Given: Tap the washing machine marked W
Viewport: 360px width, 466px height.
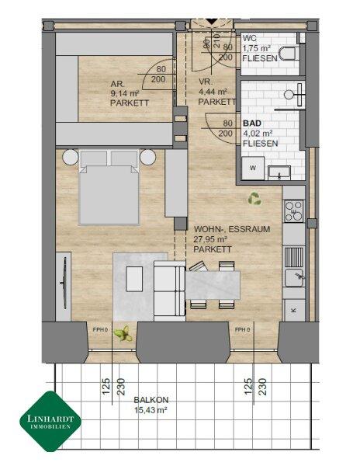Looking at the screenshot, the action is pyautogui.click(x=253, y=169).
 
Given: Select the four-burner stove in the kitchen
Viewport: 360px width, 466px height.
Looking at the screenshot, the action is pyautogui.click(x=294, y=211).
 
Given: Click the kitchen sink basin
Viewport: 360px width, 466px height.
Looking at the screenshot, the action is pyautogui.click(x=294, y=277).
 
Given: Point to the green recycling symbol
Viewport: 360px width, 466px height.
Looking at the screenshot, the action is pyautogui.click(x=254, y=199).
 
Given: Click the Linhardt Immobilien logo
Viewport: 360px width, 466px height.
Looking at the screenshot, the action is pyautogui.click(x=50, y=421).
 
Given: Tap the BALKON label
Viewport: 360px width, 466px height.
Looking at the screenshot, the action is pyautogui.click(x=151, y=400).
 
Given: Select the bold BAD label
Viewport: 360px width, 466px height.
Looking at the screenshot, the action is pyautogui.click(x=252, y=123).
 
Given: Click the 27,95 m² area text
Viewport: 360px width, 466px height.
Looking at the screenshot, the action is pyautogui.click(x=210, y=239).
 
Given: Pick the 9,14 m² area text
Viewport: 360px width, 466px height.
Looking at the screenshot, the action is pyautogui.click(x=125, y=94).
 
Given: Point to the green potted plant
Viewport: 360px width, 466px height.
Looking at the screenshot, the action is pyautogui.click(x=123, y=334).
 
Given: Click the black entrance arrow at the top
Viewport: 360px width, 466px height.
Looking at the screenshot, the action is pyautogui.click(x=212, y=22).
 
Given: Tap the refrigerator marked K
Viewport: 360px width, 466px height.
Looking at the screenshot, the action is pyautogui.click(x=294, y=310).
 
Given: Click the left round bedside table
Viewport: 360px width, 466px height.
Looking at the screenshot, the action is pyautogui.click(x=71, y=157).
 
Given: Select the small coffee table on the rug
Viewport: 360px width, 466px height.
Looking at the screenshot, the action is pyautogui.click(x=134, y=279).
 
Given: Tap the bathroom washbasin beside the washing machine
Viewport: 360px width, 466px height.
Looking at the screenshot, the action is pyautogui.click(x=279, y=173).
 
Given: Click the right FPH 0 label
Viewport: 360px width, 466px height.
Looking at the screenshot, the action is pyautogui.click(x=243, y=329).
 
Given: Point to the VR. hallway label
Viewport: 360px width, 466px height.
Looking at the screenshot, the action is pyautogui.click(x=206, y=82).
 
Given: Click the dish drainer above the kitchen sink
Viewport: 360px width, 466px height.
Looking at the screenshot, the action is pyautogui.click(x=294, y=257).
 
